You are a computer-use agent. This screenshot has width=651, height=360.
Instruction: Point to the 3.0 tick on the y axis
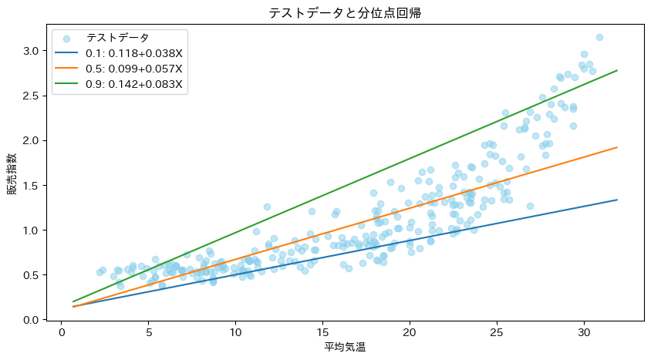pos(30,51)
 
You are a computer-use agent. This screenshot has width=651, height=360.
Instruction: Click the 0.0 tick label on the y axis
pos(30,320)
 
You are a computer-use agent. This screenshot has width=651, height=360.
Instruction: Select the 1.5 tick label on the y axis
pos(30,186)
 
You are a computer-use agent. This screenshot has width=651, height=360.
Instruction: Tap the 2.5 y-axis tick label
pos(30,96)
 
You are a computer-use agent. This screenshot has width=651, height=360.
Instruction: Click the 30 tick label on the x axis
pos(584,333)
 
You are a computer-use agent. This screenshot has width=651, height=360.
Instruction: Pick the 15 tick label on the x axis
pos(322,333)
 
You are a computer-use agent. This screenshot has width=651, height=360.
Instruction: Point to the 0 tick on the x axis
pos(61,333)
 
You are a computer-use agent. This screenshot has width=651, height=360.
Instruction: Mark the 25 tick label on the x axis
pos(497,333)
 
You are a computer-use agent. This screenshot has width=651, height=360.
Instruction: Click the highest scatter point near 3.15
pos(599,37)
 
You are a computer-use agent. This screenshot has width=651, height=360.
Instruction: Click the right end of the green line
pos(617,70)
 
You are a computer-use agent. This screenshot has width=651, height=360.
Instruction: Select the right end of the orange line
pos(617,147)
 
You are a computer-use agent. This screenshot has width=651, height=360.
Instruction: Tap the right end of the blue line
pos(617,200)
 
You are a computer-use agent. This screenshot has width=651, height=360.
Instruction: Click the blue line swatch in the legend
pos(67,53)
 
